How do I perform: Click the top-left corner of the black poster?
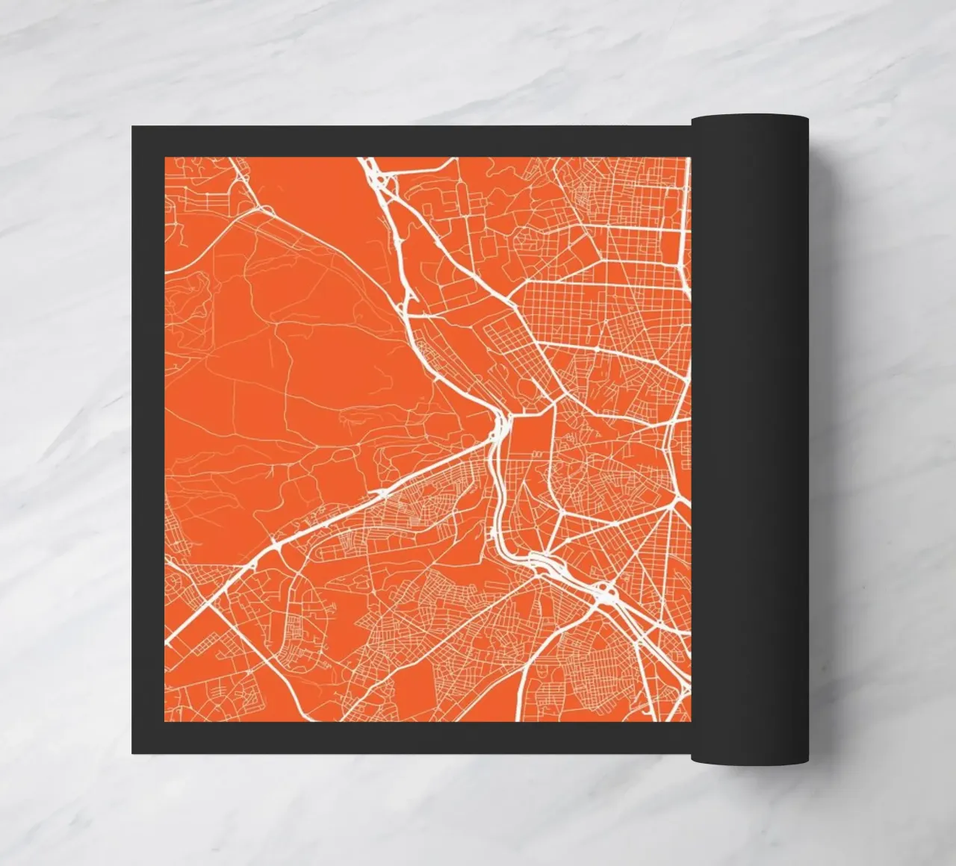tap(133, 127)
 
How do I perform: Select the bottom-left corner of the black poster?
tap(133, 753)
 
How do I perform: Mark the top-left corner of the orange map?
tap(165, 158)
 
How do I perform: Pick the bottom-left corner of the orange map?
tap(165, 721)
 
